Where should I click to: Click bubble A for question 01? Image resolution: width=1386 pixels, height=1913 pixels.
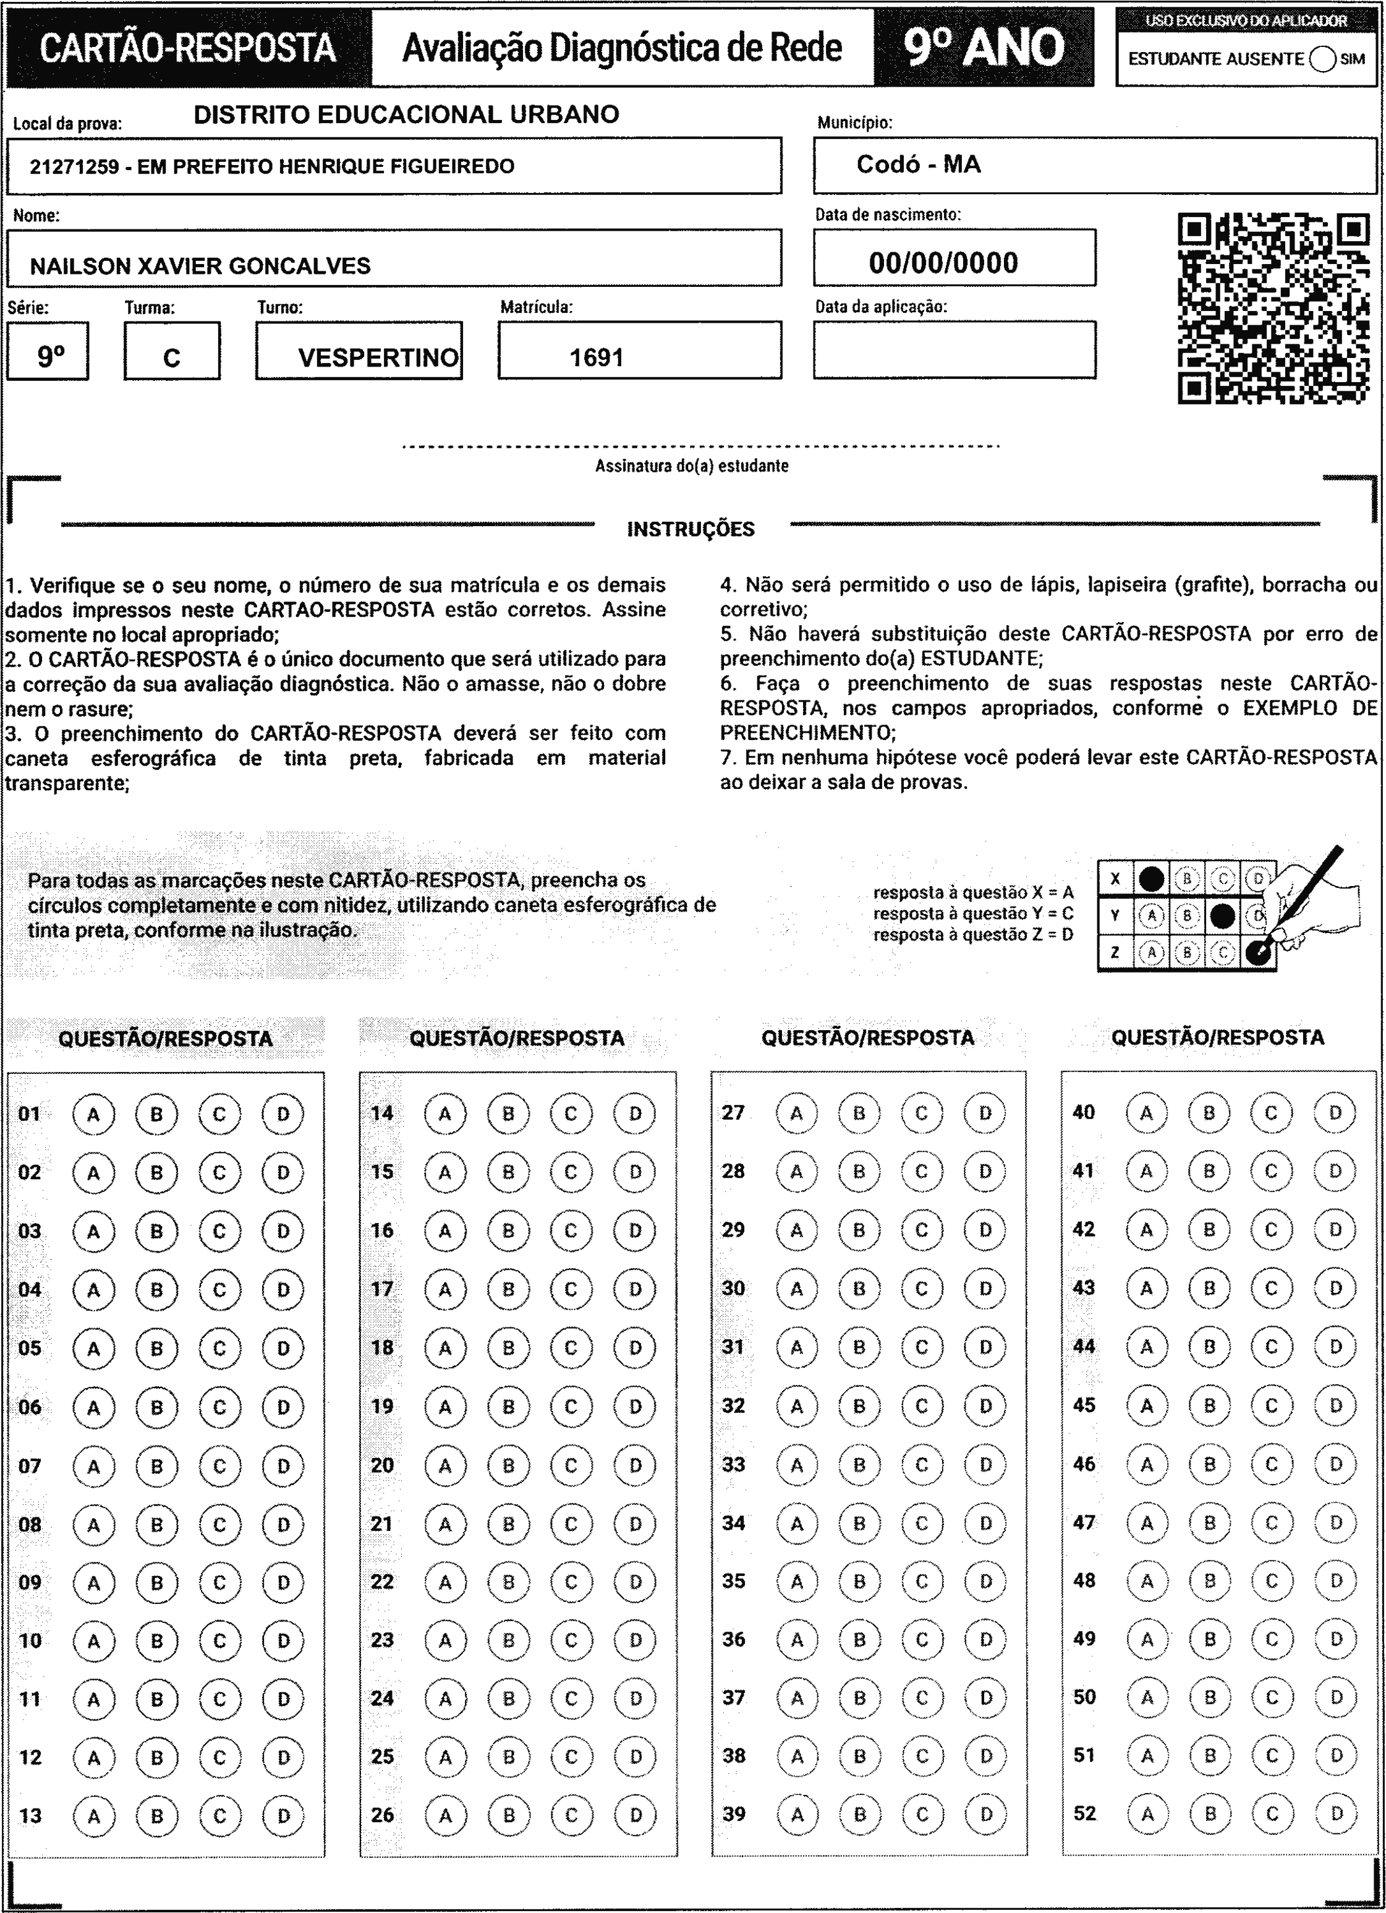click(x=93, y=1114)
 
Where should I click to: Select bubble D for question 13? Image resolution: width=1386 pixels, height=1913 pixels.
click(x=283, y=1816)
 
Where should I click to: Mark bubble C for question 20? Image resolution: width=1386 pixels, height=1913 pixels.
click(x=571, y=1465)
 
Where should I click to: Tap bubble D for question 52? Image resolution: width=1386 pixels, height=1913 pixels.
click(x=1335, y=1813)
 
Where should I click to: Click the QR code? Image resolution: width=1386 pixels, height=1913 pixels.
click(x=1273, y=309)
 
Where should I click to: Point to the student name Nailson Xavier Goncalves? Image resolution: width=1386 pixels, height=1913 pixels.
click(x=200, y=266)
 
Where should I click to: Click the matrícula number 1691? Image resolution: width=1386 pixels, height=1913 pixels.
click(x=597, y=357)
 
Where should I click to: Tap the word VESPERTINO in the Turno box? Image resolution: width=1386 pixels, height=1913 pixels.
click(x=378, y=357)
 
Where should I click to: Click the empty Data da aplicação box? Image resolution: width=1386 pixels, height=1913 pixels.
click(x=954, y=350)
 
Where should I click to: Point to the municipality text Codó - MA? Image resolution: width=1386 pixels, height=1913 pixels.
click(x=918, y=164)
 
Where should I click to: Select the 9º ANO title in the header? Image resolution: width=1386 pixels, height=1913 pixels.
click(x=984, y=47)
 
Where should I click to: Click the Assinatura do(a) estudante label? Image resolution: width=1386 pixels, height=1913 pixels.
click(x=692, y=466)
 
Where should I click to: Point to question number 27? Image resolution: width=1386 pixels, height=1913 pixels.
click(x=733, y=1112)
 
